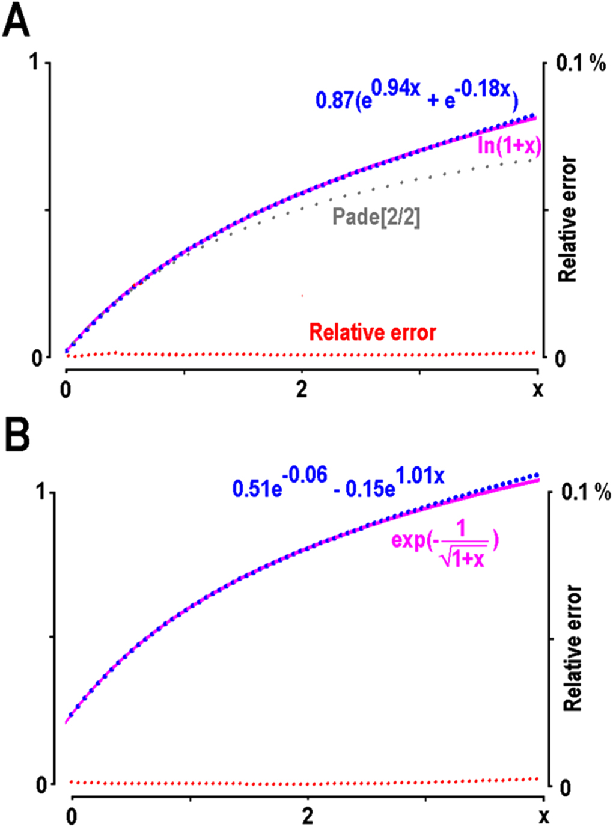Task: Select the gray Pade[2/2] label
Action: point(376,216)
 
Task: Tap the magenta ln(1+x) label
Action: point(509,145)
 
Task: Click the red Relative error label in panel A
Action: point(373,332)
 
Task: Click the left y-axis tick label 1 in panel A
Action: point(35,62)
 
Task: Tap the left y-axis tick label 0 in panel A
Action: point(37,358)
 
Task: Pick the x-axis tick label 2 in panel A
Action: point(301,389)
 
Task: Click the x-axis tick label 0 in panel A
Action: point(66,389)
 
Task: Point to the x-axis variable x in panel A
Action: point(537,390)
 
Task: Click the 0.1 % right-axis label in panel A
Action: point(581,63)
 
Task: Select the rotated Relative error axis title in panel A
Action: point(567,219)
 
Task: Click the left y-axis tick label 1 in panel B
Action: point(41,492)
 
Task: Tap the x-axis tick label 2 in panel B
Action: point(307,816)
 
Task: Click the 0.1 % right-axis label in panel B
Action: point(586,492)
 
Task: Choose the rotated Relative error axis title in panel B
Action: point(573,648)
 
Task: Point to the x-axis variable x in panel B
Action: point(543,817)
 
